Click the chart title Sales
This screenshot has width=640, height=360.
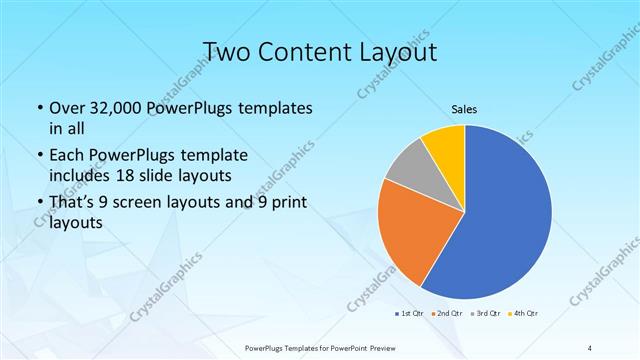(464, 107)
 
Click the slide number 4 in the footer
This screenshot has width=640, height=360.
(591, 348)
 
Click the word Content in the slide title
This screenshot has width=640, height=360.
(304, 51)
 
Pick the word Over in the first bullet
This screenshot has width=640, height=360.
(66, 107)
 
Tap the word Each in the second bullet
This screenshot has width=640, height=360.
(66, 157)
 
